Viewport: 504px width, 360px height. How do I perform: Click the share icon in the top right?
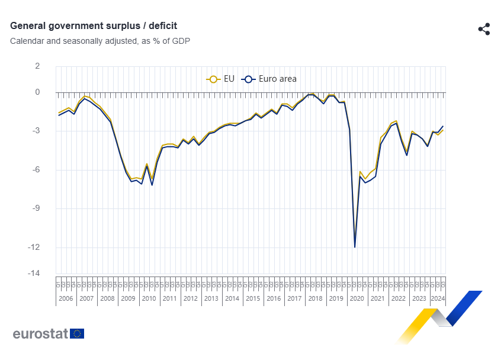[484, 29]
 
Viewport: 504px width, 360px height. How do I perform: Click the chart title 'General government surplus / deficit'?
[94, 26]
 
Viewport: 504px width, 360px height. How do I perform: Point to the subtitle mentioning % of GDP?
[99, 41]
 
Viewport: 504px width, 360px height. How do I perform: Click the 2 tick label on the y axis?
[37, 66]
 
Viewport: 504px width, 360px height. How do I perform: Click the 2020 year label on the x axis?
[357, 298]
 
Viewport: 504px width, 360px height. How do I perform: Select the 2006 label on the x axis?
[66, 298]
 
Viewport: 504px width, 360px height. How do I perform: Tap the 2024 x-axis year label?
[437, 298]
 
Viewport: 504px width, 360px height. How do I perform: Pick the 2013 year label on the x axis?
[211, 298]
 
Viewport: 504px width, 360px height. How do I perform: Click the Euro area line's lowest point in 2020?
[355, 247]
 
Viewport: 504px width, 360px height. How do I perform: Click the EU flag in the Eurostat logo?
[77, 333]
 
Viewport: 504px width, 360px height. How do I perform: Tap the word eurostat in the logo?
[40, 333]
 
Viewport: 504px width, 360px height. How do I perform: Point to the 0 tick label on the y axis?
[37, 92]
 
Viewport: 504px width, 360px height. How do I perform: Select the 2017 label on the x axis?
[294, 298]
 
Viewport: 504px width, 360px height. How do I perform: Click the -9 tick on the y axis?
[35, 208]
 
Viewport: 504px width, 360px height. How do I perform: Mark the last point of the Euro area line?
[442, 126]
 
